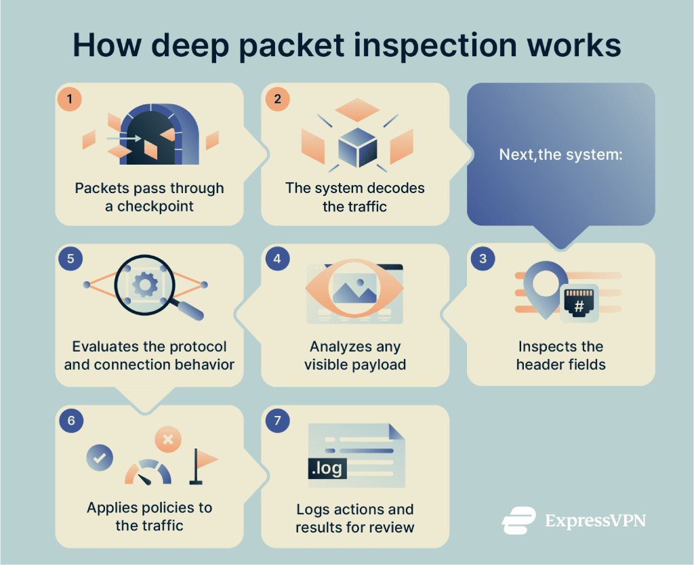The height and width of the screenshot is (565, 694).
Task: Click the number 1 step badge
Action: pyautogui.click(x=70, y=99)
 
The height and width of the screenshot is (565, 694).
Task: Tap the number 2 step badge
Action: pyautogui.click(x=277, y=99)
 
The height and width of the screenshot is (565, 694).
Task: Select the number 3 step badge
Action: pyautogui.click(x=483, y=259)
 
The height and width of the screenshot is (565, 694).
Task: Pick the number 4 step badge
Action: pyautogui.click(x=277, y=259)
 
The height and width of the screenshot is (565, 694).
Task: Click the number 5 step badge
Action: pyautogui.click(x=70, y=259)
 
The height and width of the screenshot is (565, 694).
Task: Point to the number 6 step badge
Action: pyautogui.click(x=71, y=420)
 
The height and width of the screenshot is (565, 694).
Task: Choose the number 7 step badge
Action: pyautogui.click(x=277, y=420)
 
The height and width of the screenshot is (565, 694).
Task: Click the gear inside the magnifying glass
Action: pyautogui.click(x=145, y=285)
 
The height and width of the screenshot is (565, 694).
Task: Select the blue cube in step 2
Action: pyautogui.click(x=358, y=148)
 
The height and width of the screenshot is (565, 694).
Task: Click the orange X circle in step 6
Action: pyautogui.click(x=168, y=440)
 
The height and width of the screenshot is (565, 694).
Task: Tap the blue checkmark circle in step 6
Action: pyautogui.click(x=100, y=457)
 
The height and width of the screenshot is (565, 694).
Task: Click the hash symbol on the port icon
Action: pyautogui.click(x=579, y=306)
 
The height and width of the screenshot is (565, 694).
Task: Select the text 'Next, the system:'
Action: pyautogui.click(x=560, y=155)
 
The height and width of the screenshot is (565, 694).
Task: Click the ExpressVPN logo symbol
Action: pyautogui.click(x=518, y=521)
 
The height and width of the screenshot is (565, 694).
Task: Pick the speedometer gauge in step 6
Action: pyautogui.click(x=148, y=472)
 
